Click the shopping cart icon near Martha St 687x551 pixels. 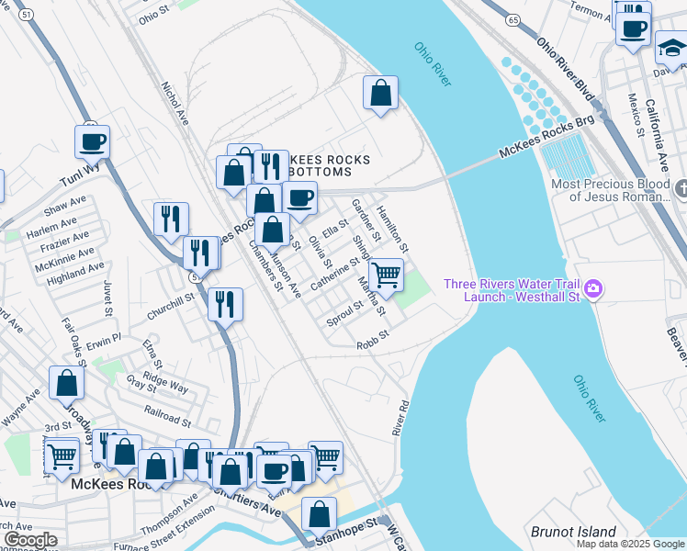[x=387, y=274]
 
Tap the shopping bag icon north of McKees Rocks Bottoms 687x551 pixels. [x=380, y=93]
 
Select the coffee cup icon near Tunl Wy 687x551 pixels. [x=92, y=142]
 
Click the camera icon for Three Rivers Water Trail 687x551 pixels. [x=593, y=289]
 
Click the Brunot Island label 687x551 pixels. [x=573, y=532]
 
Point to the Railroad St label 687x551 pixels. [x=167, y=416]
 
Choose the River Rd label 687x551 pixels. [x=401, y=418]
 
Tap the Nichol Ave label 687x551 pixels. [x=175, y=106]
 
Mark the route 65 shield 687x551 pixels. [x=512, y=19]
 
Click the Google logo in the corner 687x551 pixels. [x=29, y=540]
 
